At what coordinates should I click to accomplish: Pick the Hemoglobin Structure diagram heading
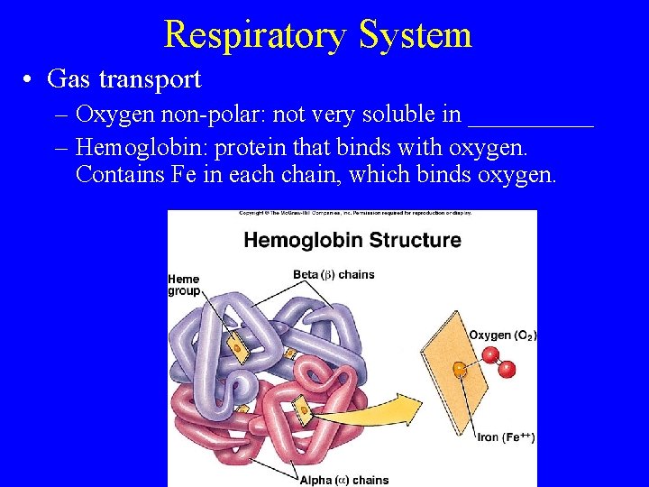point(352,240)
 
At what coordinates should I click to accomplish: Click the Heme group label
point(184,285)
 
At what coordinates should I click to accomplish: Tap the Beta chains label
point(334,274)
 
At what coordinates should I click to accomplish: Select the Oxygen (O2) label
point(503,335)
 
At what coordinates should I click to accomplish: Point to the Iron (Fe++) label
point(506,437)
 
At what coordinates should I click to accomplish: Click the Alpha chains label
point(344,480)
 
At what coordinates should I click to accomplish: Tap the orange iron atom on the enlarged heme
point(460,368)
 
